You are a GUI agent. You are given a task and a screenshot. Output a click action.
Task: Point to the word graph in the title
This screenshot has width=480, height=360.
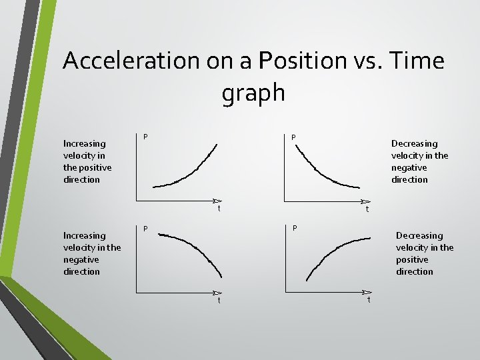[253, 93]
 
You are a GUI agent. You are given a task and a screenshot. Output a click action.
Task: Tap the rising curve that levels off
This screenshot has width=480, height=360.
[333, 253]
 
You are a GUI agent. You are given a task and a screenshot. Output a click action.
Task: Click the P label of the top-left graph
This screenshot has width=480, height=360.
[145, 137]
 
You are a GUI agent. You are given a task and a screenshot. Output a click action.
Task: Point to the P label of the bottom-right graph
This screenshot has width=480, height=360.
[295, 229]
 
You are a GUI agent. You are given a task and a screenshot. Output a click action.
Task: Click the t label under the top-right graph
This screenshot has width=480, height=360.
[367, 209]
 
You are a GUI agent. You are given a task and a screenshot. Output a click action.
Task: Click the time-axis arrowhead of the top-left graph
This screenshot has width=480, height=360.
[217, 200]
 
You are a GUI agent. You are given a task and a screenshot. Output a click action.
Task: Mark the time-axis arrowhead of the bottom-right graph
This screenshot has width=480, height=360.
[366, 292]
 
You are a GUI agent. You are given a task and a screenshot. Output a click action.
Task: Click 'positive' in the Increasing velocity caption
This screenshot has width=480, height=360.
[95, 167]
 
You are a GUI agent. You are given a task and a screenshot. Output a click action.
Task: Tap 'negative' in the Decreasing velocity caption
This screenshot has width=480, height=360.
[410, 167]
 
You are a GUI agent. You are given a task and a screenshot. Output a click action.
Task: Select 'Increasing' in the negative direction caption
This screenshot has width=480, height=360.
[84, 235]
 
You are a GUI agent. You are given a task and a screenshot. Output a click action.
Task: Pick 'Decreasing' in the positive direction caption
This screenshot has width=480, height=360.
[419, 235]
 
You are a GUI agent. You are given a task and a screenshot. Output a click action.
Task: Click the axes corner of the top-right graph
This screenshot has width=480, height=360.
[285, 200]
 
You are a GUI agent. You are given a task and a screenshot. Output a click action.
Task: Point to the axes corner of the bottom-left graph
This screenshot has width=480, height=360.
[137, 292]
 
